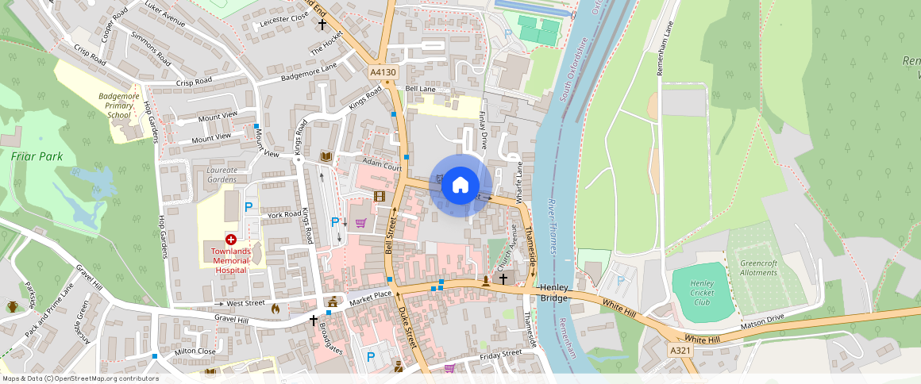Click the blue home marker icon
tap(460, 186)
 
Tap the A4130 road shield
tap(383, 72)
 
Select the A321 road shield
tap(680, 350)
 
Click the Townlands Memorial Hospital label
tap(230, 260)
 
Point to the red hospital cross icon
tap(231, 239)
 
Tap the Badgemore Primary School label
tap(119, 106)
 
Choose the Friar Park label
tap(32, 156)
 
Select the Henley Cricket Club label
tap(702, 293)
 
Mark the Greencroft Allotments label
tap(758, 268)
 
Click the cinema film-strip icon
tap(380, 196)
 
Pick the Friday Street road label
tap(499, 354)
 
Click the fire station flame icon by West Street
tap(276, 308)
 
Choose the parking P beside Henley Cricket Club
tap(621, 280)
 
